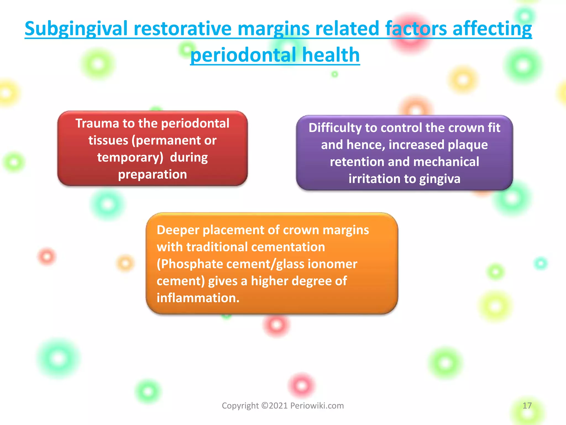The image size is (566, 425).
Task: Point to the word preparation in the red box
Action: click(153, 175)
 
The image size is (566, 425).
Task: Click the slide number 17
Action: click(527, 406)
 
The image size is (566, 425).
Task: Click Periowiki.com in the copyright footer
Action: click(317, 406)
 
